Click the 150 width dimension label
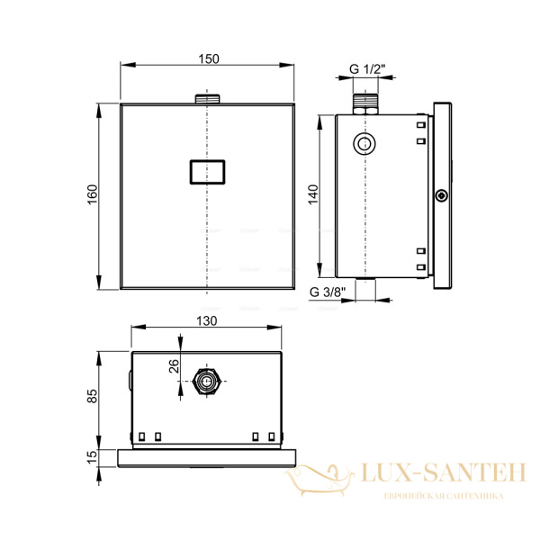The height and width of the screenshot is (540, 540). [x=209, y=58]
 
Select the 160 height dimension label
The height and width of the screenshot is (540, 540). [x=93, y=194]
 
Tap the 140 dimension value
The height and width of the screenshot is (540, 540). [x=313, y=194]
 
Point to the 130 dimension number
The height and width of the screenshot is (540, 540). [x=207, y=320]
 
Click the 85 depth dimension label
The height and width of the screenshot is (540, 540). [x=93, y=396]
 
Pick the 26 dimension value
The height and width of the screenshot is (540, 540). [x=175, y=366]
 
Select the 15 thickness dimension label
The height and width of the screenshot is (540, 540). [x=93, y=457]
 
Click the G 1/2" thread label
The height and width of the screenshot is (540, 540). [x=367, y=69]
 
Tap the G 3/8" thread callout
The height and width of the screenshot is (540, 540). [x=328, y=292]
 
